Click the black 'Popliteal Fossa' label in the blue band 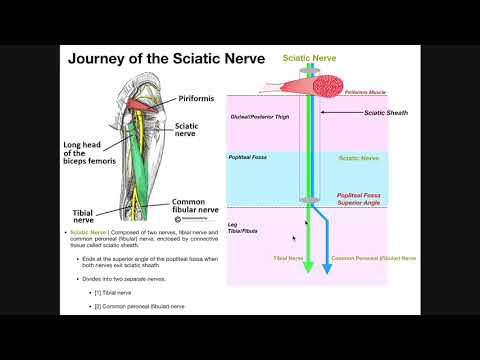[x=248, y=157]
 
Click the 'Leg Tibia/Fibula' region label [x=242, y=229]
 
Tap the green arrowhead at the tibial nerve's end [x=309, y=266]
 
